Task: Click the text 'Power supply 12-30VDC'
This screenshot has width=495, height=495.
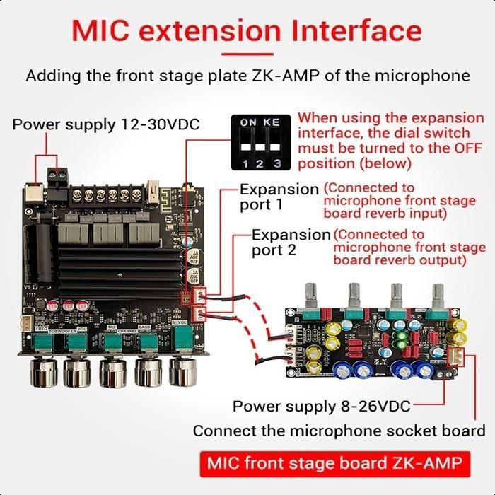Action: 106,125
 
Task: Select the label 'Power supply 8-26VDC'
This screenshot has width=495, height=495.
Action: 321,407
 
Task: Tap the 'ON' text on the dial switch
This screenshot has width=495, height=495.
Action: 248,122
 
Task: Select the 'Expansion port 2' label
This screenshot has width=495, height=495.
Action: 291,242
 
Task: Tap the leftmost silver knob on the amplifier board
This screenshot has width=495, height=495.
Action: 41,369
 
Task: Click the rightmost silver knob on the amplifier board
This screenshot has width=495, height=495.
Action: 182,368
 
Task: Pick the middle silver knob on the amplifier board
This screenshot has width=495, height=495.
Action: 112,369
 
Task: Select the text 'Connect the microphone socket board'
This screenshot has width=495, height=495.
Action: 339,431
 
